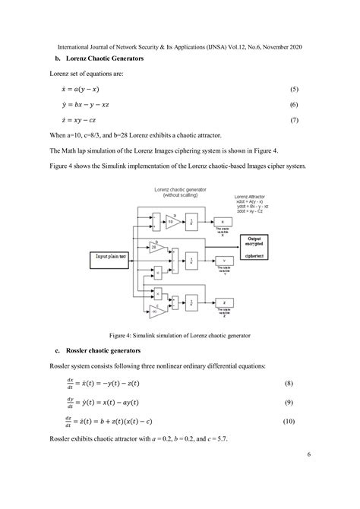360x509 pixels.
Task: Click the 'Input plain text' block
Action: pos(115,257)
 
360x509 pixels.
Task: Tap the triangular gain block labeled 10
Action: pos(172,220)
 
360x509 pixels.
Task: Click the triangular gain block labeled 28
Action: pos(155,248)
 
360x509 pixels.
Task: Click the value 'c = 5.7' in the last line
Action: pos(210,440)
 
